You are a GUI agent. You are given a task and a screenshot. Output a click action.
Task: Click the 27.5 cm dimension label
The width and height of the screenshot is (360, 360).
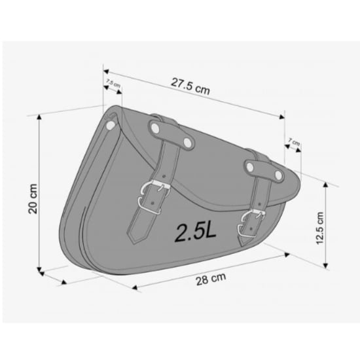coord(190,86)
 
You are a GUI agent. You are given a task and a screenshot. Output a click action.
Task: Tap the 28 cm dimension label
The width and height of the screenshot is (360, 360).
coord(211,279)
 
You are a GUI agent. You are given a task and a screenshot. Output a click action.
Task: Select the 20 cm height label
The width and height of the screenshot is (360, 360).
coord(33,198)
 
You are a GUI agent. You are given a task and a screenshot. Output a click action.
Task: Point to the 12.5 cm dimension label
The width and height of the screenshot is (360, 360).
coord(320,228)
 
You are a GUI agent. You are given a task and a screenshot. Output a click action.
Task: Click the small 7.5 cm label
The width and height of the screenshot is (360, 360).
coord(113,83)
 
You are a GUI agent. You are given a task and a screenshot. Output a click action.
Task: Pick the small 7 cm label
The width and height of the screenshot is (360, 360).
coord(294,141)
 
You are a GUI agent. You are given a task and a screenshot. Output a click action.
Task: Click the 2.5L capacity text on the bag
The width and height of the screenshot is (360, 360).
coord(196,232)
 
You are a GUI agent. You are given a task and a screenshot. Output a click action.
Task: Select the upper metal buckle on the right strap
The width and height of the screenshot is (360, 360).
coord(255,214)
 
